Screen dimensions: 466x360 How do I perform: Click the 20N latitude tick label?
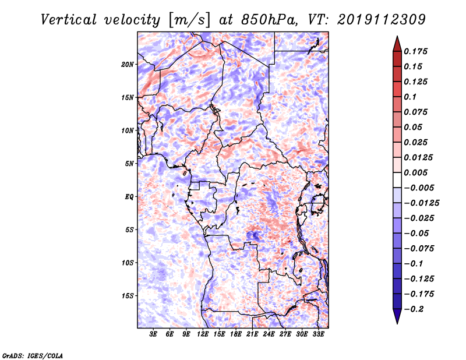coord(128,64)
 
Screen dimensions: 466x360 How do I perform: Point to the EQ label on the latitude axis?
coord(129,197)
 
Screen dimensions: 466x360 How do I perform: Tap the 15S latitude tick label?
coord(128,296)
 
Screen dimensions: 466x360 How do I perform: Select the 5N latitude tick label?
coord(129,164)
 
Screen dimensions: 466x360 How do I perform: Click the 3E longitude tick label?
coord(153,334)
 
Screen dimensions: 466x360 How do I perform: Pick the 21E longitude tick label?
coord(252,334)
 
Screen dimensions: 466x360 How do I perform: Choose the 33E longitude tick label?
coord(318,334)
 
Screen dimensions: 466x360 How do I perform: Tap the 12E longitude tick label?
coord(203,334)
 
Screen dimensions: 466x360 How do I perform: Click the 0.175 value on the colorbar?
coord(415,51)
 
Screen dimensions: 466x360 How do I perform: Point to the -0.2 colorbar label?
coord(414,309)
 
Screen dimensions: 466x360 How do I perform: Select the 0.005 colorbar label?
coord(415,172)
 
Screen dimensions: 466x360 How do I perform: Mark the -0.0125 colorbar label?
coord(421,203)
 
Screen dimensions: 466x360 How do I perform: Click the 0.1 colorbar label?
coord(410,97)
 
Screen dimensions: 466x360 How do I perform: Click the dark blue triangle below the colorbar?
coord(397,316)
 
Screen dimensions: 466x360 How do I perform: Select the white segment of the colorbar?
coord(397,180)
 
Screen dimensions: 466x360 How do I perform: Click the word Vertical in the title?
coord(69,20)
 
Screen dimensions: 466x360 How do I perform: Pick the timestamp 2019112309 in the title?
coord(382,20)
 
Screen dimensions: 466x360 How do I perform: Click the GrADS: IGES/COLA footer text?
coord(33,356)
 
